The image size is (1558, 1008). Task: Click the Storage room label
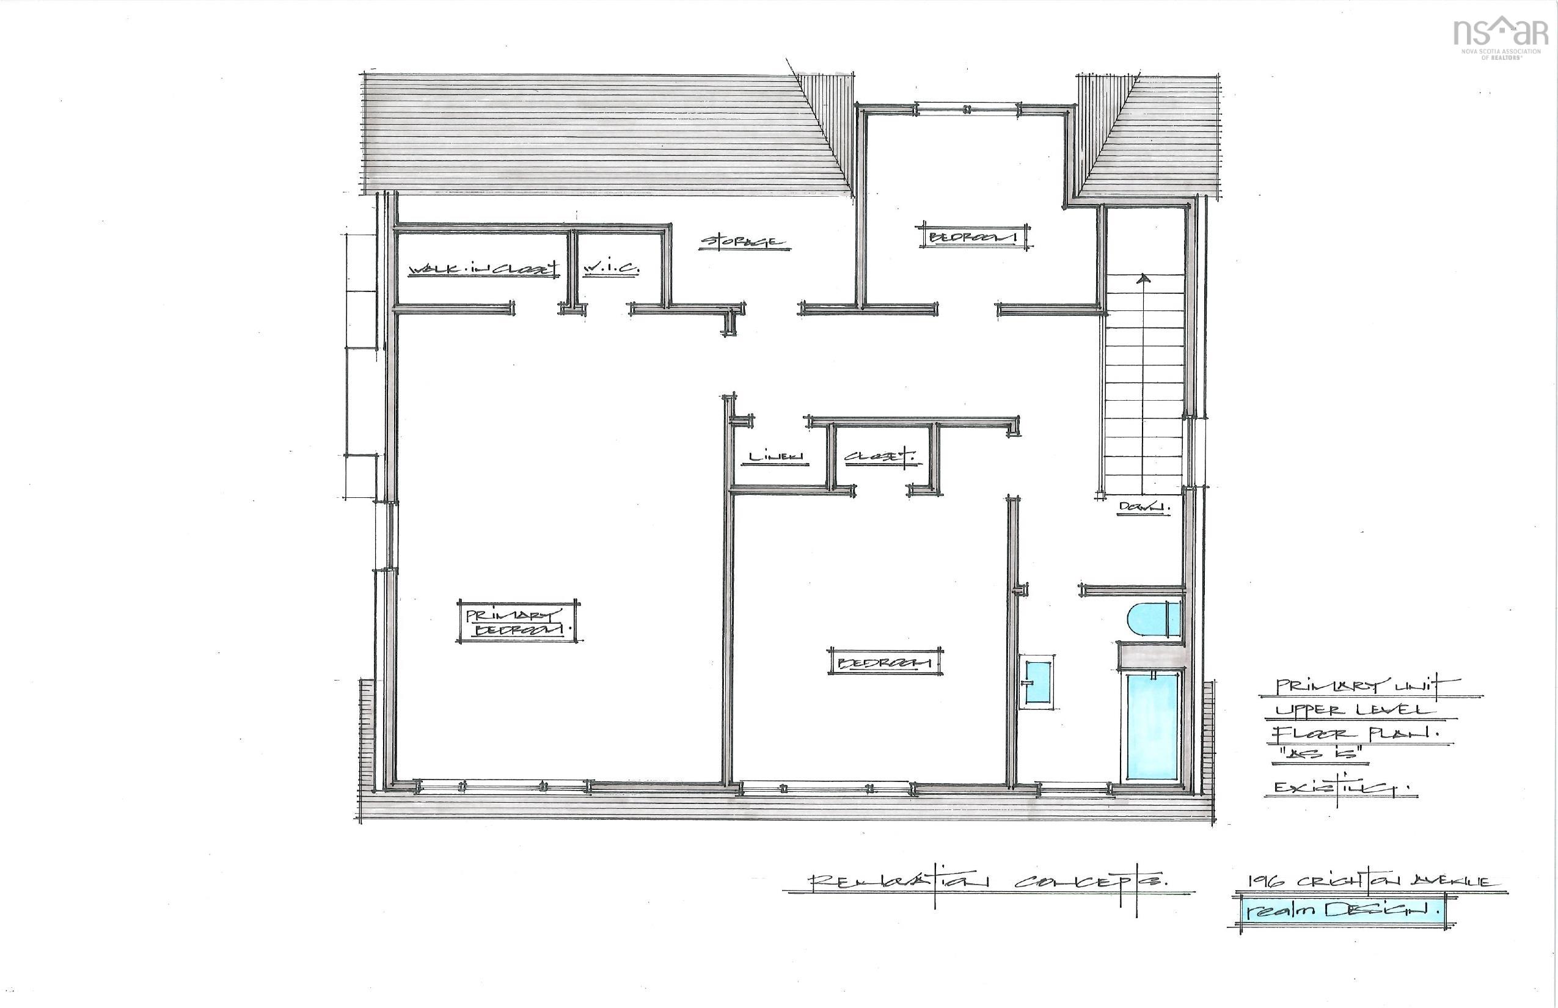pos(744,242)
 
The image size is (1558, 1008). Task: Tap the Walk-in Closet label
pos(483,269)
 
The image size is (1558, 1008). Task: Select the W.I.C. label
pos(610,268)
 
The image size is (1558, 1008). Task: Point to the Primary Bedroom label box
pos(517,622)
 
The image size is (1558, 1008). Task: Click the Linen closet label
pos(775,456)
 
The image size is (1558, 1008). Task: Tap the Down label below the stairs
pos(1143,506)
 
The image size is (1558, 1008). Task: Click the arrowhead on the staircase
pos(1144,279)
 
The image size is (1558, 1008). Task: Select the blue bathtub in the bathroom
pos(1152,726)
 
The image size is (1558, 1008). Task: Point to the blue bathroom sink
pos(1037,682)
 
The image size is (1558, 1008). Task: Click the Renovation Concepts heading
pos(989,881)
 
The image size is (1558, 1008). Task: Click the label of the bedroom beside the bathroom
pos(885,663)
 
